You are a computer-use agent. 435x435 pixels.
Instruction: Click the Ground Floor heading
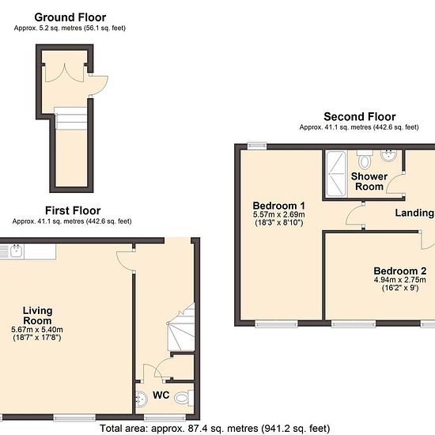coord(70,17)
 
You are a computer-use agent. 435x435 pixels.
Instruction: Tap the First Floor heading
coord(73,211)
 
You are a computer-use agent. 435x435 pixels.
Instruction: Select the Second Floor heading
coord(360,117)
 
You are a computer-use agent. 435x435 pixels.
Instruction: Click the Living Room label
coord(37,316)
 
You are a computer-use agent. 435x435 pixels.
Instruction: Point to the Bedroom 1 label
coord(279,206)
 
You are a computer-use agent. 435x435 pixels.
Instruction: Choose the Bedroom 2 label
coord(399,270)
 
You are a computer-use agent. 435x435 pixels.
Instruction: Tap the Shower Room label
coord(369,181)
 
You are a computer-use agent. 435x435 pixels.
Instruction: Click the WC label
coord(161,395)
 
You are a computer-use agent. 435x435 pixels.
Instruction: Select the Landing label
coord(414,213)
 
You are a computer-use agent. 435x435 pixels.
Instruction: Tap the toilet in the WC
coord(184,398)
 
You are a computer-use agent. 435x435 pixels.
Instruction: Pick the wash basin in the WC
coord(142,399)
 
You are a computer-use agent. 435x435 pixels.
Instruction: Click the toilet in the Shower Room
coord(365,159)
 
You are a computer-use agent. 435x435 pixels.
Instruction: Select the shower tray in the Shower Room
coord(336,174)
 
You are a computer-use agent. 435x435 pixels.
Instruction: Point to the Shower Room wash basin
coord(388,155)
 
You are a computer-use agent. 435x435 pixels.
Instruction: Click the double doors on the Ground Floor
coord(64,74)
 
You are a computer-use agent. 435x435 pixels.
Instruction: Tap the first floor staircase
coord(181,327)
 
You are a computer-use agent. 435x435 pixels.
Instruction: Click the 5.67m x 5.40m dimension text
coord(37,330)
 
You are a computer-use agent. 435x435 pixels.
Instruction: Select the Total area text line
coord(214,429)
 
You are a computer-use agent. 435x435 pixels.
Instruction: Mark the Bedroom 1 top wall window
coord(257,146)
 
